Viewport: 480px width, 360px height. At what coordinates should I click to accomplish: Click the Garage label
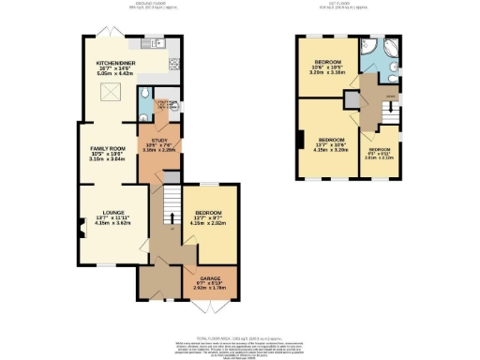coord(209,281)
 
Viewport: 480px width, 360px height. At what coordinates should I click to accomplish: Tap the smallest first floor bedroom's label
coord(381,154)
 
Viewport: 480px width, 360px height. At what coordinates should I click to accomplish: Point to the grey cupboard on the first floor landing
coord(351,99)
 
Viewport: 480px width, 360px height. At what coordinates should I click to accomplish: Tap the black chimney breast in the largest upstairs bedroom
coord(299,142)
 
